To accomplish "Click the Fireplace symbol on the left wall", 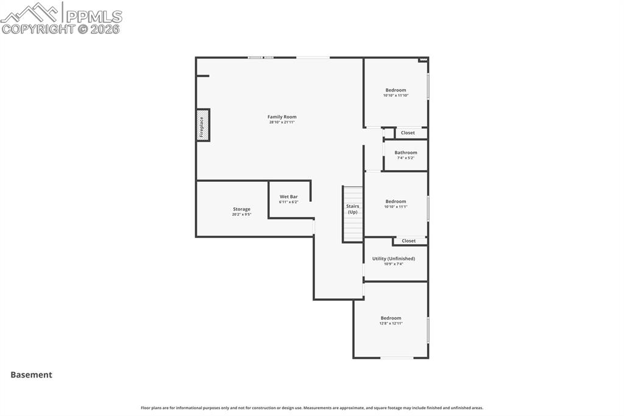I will (x=203, y=125).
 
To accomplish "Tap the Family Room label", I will (x=282, y=117).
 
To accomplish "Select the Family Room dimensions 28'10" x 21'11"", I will (x=282, y=122).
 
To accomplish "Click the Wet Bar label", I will (x=289, y=196).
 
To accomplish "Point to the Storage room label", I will (x=241, y=209).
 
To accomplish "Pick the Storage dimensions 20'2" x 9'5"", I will (x=241, y=215).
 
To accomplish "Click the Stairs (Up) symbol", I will (x=353, y=213).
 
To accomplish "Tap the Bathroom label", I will (x=406, y=152).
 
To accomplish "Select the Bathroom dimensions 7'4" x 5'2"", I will (x=406, y=158).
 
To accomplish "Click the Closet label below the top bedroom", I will (x=408, y=132).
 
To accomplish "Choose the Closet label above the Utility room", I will (x=408, y=241).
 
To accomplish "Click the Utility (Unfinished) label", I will (x=394, y=259).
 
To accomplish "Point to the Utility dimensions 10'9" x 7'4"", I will (x=394, y=264).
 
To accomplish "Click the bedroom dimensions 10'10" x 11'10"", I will (x=395, y=95).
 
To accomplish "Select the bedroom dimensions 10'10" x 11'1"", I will (x=395, y=207).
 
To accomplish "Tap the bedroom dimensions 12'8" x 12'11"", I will (x=391, y=323).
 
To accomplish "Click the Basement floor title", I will (x=31, y=375).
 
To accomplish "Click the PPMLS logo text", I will (x=93, y=16).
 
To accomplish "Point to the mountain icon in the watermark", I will (x=30, y=12).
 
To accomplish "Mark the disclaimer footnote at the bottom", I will (x=312, y=407).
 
